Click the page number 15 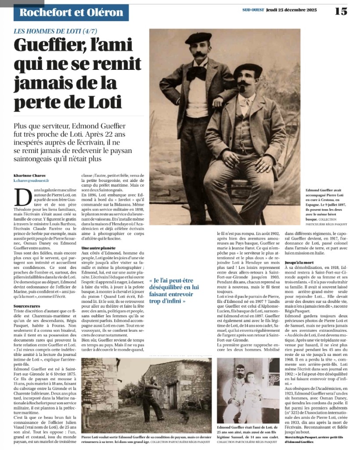(x=341, y=11)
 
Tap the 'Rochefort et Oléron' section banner (x=71, y=12)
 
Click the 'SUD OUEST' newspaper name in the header (x=252, y=10)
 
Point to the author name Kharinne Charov (x=29, y=175)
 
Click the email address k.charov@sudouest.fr (x=31, y=181)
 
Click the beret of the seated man (x=248, y=69)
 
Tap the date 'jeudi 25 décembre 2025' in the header (x=290, y=10)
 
